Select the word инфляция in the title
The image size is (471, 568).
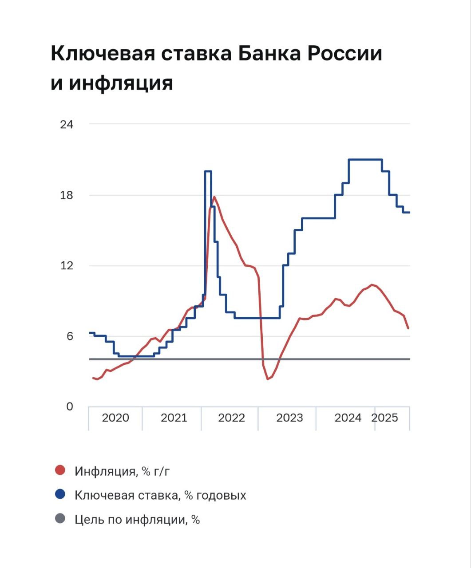pos(120,83)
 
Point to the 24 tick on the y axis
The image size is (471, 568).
pos(67,124)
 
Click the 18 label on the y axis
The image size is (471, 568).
pos(67,195)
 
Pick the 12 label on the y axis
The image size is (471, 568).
pos(67,266)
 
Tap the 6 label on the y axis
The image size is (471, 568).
pos(69,336)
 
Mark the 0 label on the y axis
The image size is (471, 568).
pos(69,406)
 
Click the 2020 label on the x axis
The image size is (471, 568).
pos(115,418)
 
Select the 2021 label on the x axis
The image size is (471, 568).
pos(174,418)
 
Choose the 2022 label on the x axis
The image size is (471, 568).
pos(231,418)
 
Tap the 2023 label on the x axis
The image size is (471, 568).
pos(289,418)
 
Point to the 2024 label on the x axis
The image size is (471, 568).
pos(348,418)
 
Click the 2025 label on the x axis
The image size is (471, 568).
pos(385,418)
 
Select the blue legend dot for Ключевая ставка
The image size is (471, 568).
pos(60,494)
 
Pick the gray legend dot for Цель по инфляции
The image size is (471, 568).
pos(60,519)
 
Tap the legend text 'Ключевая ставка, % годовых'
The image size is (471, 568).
pos(160,495)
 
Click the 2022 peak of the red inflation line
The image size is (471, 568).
pos(214,197)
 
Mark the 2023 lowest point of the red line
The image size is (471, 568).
pos(268,379)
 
